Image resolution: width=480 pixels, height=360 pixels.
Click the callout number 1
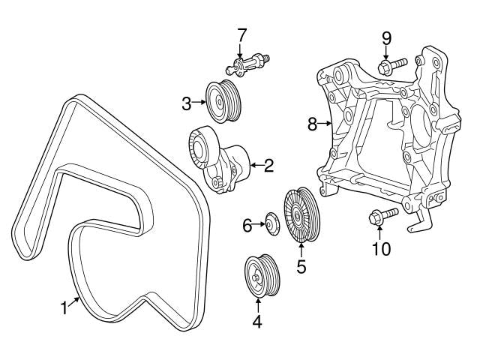(x=65, y=307)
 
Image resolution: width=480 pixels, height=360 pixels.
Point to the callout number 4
(x=257, y=323)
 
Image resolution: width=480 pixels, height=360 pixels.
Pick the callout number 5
(x=301, y=265)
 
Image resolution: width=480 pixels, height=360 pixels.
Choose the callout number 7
(x=241, y=34)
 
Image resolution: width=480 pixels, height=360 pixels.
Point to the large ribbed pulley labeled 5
(x=300, y=215)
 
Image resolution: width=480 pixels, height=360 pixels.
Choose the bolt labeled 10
(x=382, y=217)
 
